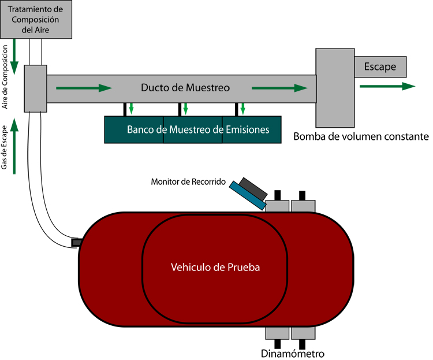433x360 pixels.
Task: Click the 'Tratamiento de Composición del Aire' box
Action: coord(38,19)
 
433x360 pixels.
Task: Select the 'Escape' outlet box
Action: coord(380,67)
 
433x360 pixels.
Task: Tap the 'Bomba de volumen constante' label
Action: coord(361,137)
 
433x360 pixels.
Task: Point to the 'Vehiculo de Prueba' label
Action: coord(215,268)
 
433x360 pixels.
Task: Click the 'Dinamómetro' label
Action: coord(293,353)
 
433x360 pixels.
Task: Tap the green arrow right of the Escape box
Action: coord(387,86)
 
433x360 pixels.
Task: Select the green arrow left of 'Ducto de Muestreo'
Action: coord(83,88)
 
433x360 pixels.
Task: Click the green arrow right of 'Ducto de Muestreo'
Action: coord(279,88)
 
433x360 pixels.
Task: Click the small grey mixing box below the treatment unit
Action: coord(35,88)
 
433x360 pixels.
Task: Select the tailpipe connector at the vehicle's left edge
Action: coord(76,242)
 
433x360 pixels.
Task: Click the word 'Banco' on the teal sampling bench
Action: coord(140,129)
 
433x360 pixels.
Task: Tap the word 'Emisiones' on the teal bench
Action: coord(248,129)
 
